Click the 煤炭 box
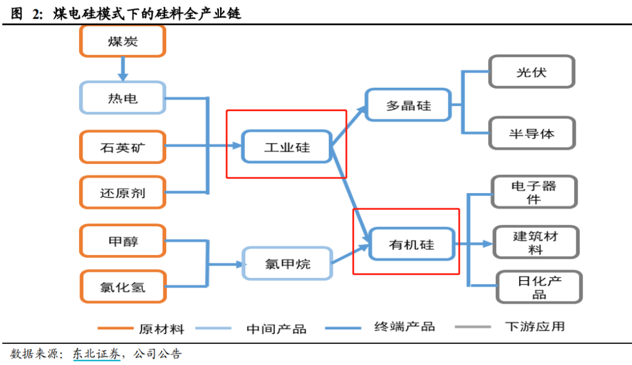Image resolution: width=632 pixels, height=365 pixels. pos(123,41)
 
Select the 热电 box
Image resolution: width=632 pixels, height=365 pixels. pos(123,98)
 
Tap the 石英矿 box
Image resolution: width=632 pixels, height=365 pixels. pos(123,147)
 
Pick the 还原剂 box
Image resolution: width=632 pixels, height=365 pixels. pos(123,192)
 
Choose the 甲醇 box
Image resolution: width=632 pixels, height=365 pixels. pos(123,241)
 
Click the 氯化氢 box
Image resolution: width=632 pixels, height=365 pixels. pos(123,287)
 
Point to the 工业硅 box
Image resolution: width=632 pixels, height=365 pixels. pos(287,147)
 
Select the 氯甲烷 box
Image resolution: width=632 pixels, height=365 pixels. pos(287,263)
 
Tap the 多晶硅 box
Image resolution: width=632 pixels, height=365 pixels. pos(408,105)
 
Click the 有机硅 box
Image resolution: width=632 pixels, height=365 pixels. pos(412,244)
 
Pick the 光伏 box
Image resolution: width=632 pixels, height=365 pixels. pos(531,72)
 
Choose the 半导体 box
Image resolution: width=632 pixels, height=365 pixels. pos(532,133)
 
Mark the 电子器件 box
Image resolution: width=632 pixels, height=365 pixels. pos(534,192)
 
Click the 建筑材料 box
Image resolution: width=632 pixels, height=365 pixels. pos(535,242)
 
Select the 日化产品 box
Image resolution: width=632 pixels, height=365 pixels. pos(540,287)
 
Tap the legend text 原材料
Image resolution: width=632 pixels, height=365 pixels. pos(162,329)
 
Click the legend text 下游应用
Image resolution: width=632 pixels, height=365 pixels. pos(535,326)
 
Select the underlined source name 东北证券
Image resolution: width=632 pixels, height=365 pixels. pos(97,354)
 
